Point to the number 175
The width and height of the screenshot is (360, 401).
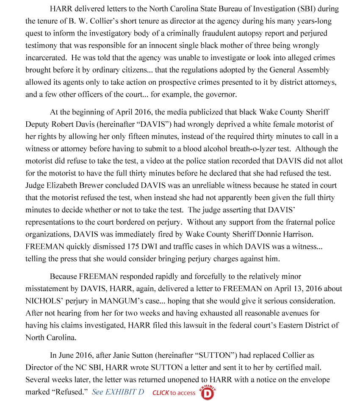pyautogui.click(x=135, y=247)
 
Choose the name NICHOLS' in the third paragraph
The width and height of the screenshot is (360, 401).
pyautogui.click(x=43, y=301)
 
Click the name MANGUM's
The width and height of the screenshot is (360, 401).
pyautogui.click(x=136, y=301)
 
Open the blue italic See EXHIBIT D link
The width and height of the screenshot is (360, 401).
pyautogui.click(x=118, y=392)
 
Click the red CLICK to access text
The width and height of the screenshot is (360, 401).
pyautogui.click(x=174, y=393)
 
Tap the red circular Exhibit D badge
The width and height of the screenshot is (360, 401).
pyautogui.click(x=207, y=393)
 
